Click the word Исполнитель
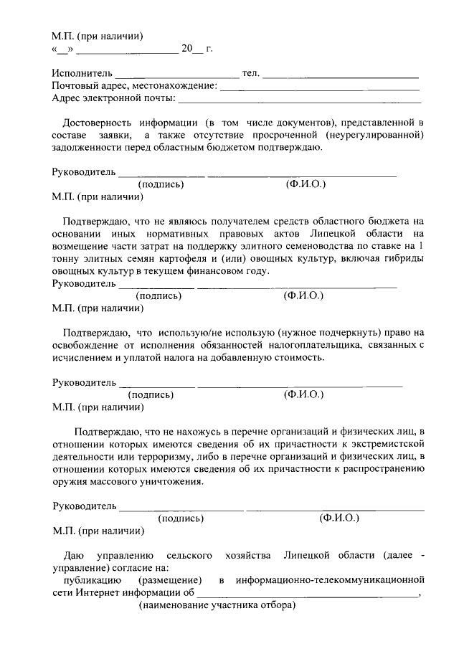tap(82, 73)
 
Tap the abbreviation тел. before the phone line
tap(251, 73)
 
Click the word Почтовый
tap(74, 86)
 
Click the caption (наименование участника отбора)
tap(217, 607)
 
